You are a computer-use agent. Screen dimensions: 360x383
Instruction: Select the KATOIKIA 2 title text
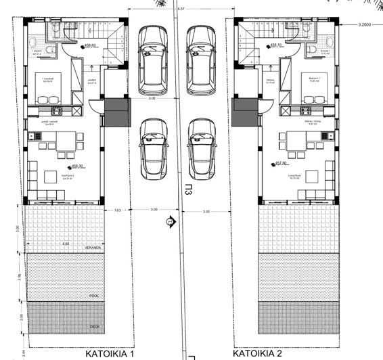257,354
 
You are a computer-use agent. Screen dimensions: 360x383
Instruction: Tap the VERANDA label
93,248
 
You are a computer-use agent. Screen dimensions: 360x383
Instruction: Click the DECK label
95,327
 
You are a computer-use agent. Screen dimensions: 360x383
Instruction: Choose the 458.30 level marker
74,166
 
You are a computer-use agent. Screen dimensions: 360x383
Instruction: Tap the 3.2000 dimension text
365,23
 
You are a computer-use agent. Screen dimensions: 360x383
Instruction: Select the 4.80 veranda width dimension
66,243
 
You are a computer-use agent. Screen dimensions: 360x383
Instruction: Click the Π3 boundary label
187,192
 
